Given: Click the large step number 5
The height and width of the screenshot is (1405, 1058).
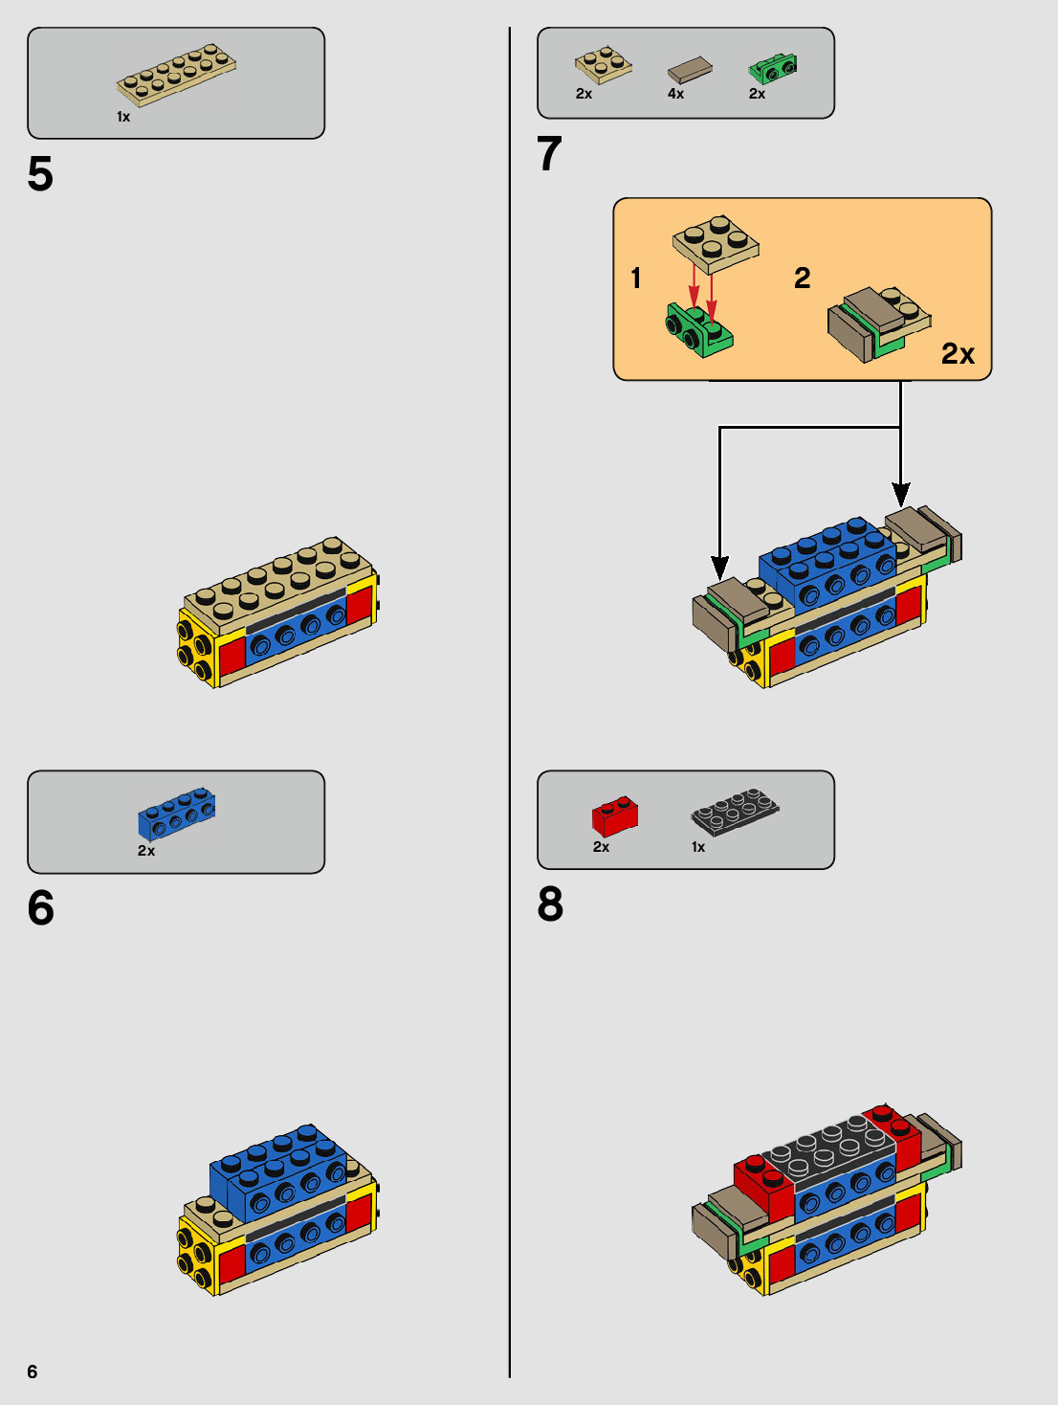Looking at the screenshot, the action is point(40,174).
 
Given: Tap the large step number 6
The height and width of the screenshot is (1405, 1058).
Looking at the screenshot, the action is point(41,908).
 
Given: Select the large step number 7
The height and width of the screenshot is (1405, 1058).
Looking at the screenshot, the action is point(549,154).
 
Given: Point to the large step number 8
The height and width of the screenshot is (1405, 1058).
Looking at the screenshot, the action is point(550,904).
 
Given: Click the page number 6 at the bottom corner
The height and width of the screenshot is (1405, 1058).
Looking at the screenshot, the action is point(33,1372).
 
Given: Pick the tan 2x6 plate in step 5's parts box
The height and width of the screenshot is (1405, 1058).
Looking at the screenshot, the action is point(177,73).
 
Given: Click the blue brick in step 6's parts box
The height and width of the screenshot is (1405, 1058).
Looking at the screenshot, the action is point(177,814).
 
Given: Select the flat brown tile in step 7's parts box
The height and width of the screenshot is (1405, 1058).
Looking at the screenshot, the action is point(690,70).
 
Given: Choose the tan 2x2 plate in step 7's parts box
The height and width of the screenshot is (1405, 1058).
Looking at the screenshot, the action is point(603,64).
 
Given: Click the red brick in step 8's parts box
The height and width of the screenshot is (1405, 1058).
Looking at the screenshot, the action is point(614,815).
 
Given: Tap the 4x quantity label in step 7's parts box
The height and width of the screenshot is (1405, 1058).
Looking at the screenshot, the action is point(675,94).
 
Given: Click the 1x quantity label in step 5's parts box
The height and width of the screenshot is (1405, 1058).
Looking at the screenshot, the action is point(123,117).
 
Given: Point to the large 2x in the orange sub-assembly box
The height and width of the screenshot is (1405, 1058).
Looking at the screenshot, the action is point(958,354).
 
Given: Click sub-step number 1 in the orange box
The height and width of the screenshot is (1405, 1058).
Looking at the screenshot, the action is point(636,279).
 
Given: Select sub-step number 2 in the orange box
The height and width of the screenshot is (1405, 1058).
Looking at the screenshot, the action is point(802,279).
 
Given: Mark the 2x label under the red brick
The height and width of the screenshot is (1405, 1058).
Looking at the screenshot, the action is point(601,847).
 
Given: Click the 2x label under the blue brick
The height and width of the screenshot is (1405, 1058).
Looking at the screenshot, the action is point(146,851).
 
